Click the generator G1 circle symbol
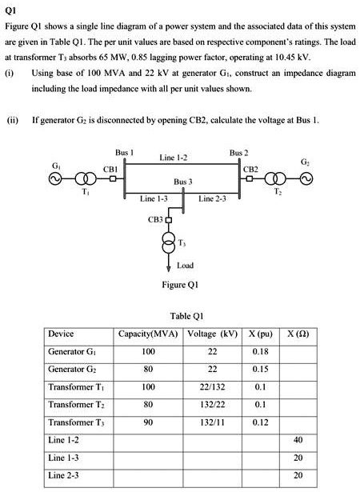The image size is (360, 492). pyautogui.click(x=57, y=180)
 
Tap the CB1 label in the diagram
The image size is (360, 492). pyautogui.click(x=110, y=169)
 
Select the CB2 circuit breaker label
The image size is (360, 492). pyautogui.click(x=250, y=169)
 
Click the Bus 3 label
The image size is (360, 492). pyautogui.click(x=183, y=182)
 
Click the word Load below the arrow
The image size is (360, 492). pyautogui.click(x=184, y=265)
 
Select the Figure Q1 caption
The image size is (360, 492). pyautogui.click(x=180, y=284)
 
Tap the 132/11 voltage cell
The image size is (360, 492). pyautogui.click(x=210, y=422)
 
